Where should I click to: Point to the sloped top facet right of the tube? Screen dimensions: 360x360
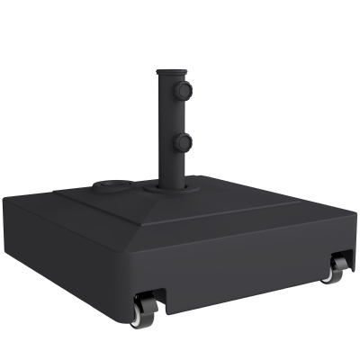(x=243, y=193)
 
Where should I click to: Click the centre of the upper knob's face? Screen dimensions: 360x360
(x=186, y=91)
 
